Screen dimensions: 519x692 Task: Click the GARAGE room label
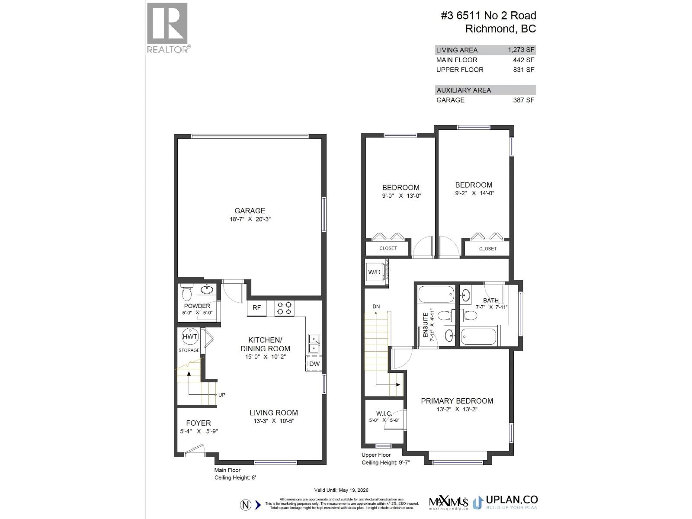click(x=250, y=211)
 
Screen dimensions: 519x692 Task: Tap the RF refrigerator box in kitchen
click(x=257, y=308)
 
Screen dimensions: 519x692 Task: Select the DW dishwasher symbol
click(x=314, y=364)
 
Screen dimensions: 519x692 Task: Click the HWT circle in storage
click(x=190, y=337)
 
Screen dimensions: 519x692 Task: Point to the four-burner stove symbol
click(x=284, y=308)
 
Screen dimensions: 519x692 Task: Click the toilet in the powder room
click(x=187, y=294)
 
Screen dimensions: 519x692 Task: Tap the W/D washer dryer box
click(x=375, y=272)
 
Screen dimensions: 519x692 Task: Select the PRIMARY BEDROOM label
click(x=457, y=401)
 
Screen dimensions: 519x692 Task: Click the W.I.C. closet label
click(x=384, y=413)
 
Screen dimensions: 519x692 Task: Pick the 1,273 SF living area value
click(x=521, y=50)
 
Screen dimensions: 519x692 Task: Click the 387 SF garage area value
click(x=524, y=100)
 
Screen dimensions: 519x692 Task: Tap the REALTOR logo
click(x=168, y=28)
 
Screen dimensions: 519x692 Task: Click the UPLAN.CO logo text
click(x=512, y=500)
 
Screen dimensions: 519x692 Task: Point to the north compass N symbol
click(x=245, y=505)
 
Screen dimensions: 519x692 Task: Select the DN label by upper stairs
click(x=376, y=307)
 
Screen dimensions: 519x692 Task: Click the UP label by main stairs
click(x=221, y=394)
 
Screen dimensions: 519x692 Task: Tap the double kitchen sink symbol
click(x=314, y=344)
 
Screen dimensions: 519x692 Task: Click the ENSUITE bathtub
click(x=436, y=294)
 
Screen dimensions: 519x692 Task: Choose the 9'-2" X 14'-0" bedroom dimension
click(x=474, y=193)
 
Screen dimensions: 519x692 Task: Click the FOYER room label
click(x=199, y=423)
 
